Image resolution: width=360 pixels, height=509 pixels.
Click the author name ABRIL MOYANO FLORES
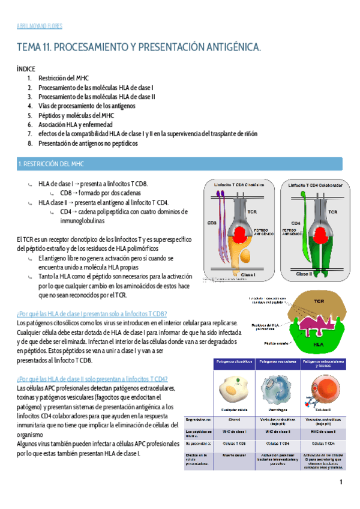point(38,26)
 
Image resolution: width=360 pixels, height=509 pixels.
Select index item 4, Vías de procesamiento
point(87,106)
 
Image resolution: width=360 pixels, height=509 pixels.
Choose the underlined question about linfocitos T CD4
point(92,379)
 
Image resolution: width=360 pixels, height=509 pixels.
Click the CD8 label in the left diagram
point(212,223)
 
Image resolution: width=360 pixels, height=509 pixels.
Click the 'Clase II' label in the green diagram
point(305,274)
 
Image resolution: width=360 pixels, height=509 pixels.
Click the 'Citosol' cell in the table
point(235,420)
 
